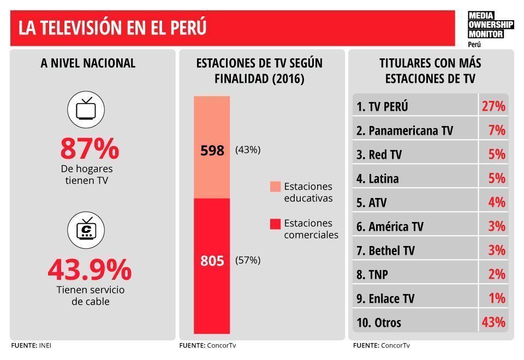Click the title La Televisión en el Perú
click(112, 28)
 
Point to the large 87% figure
click(90, 148)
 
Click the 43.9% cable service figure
click(90, 269)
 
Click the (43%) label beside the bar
click(248, 150)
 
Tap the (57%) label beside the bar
click(248, 261)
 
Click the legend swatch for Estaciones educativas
click(275, 187)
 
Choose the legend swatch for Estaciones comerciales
click(275, 224)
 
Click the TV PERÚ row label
click(382, 106)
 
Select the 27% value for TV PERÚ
click(493, 106)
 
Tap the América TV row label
click(390, 226)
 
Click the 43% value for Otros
click(493, 322)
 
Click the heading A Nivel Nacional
click(88, 63)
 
